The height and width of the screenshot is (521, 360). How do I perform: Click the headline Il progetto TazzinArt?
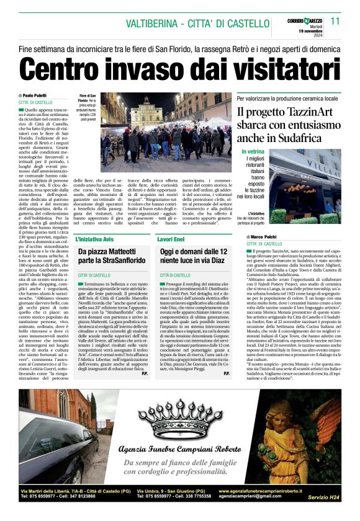tap(283, 112)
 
